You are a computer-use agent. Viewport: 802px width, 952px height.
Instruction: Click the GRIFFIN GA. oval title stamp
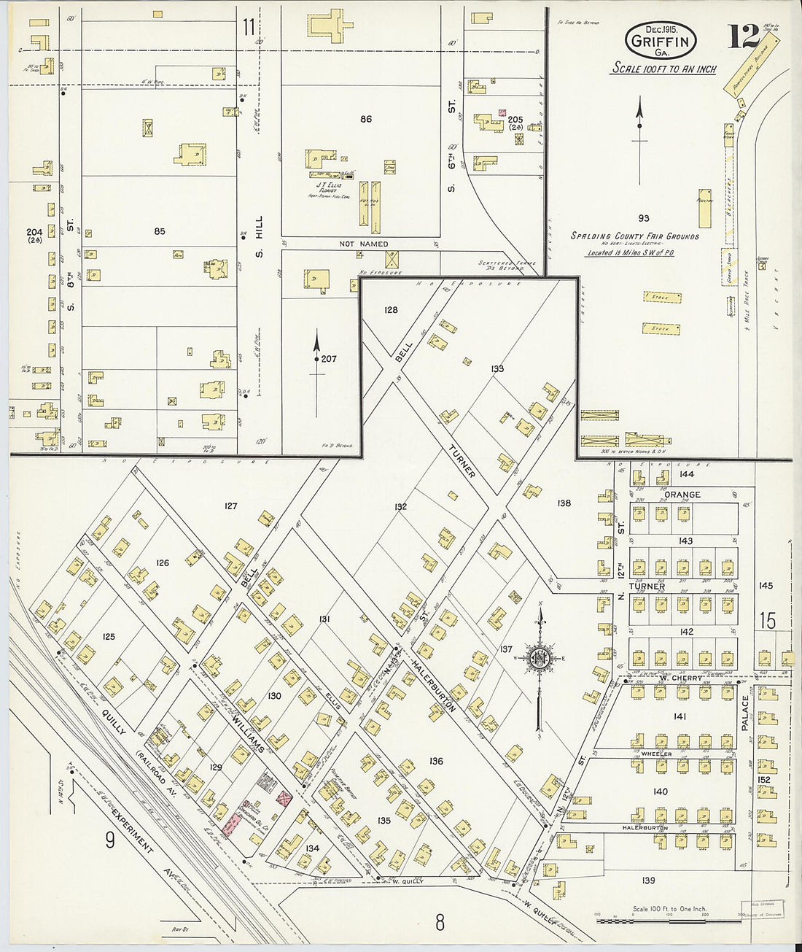click(x=659, y=41)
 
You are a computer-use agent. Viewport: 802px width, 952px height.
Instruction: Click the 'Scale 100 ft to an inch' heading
click(x=663, y=69)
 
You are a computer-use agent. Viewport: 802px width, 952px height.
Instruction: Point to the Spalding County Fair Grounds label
click(x=634, y=236)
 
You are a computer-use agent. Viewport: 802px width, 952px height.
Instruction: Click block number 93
click(x=643, y=218)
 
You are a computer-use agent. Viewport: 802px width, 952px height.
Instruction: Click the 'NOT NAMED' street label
click(x=363, y=244)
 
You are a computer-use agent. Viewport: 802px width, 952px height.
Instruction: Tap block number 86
click(x=365, y=119)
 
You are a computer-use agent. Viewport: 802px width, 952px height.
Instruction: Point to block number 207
click(x=328, y=359)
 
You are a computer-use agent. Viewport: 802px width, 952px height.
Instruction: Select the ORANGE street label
click(x=682, y=495)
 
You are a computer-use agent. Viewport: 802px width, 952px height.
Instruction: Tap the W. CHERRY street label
click(x=680, y=678)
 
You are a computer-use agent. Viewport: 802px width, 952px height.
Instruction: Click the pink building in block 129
click(x=233, y=824)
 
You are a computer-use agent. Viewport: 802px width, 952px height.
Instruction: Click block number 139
click(x=648, y=881)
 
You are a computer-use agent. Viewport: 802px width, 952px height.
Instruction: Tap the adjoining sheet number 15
click(x=767, y=622)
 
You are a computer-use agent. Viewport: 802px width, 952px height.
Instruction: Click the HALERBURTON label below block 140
click(x=645, y=828)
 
